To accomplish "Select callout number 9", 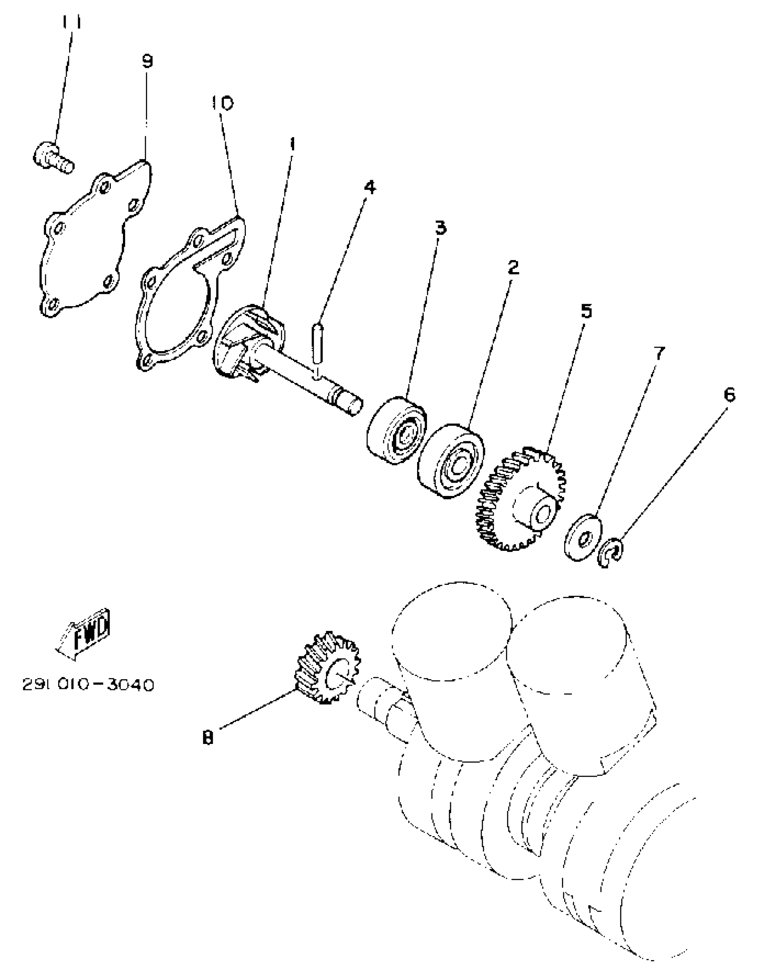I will point(148,61).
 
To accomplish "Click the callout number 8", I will point(208,738).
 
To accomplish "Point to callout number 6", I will point(729,395).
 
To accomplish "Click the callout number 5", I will point(586,311).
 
